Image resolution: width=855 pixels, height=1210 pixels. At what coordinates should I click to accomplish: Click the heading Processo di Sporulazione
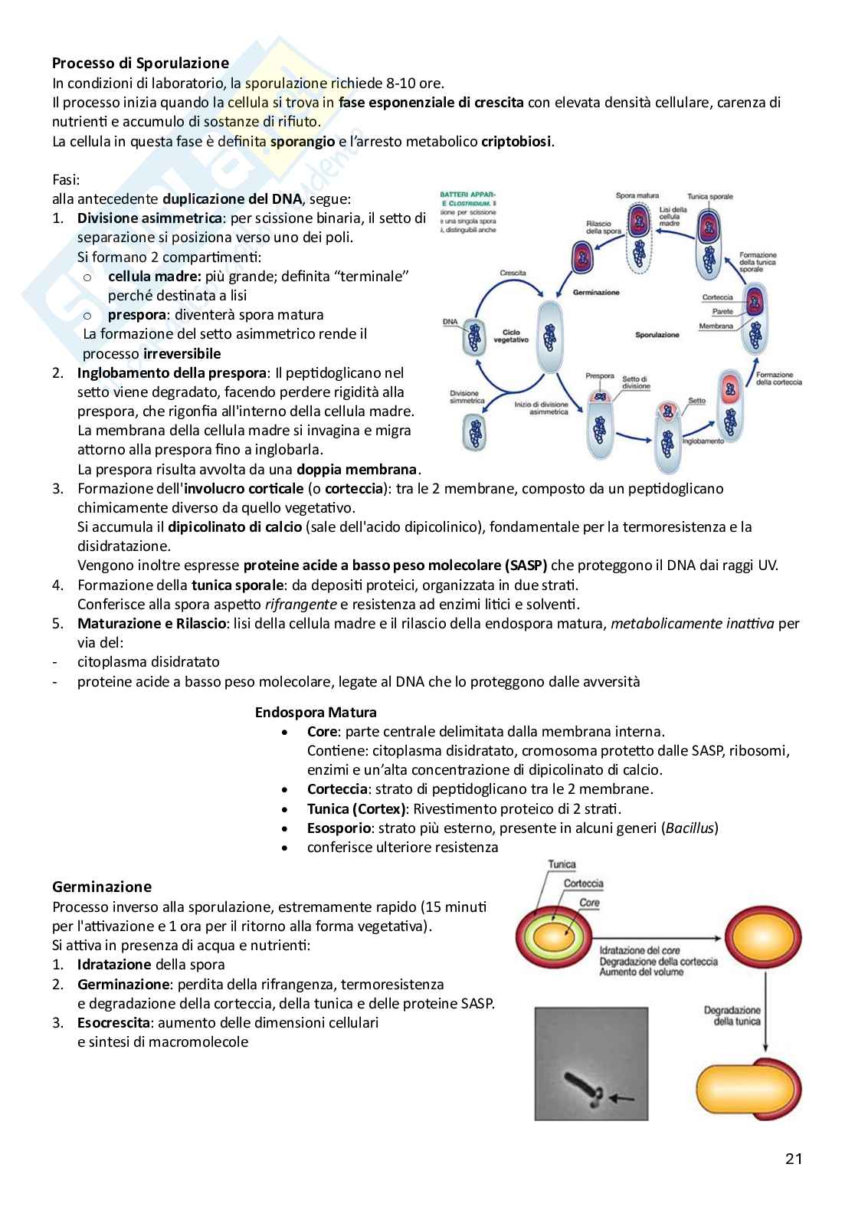(140, 63)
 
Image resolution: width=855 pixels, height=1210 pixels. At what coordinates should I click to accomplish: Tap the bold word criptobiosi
(516, 141)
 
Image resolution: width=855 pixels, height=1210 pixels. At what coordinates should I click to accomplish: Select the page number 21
(794, 1159)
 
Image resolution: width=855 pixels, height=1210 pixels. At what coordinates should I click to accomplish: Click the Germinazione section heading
(102, 887)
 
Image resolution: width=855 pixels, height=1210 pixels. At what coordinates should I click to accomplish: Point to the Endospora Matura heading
(316, 712)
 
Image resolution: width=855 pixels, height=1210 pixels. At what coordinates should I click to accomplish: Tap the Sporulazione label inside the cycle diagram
(657, 335)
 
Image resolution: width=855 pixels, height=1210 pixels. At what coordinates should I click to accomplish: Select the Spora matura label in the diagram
(637, 196)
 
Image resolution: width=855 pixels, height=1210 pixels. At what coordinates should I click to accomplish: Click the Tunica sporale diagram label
(709, 197)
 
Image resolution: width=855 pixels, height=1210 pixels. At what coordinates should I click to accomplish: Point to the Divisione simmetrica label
(467, 397)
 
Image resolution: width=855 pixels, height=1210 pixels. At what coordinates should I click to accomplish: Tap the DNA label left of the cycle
(450, 322)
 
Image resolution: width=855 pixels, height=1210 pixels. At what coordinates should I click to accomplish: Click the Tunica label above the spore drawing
(562, 864)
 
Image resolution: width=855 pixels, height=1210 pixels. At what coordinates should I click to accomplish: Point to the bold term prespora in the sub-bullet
(137, 314)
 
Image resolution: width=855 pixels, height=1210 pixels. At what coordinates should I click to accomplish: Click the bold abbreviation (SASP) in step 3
(526, 566)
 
